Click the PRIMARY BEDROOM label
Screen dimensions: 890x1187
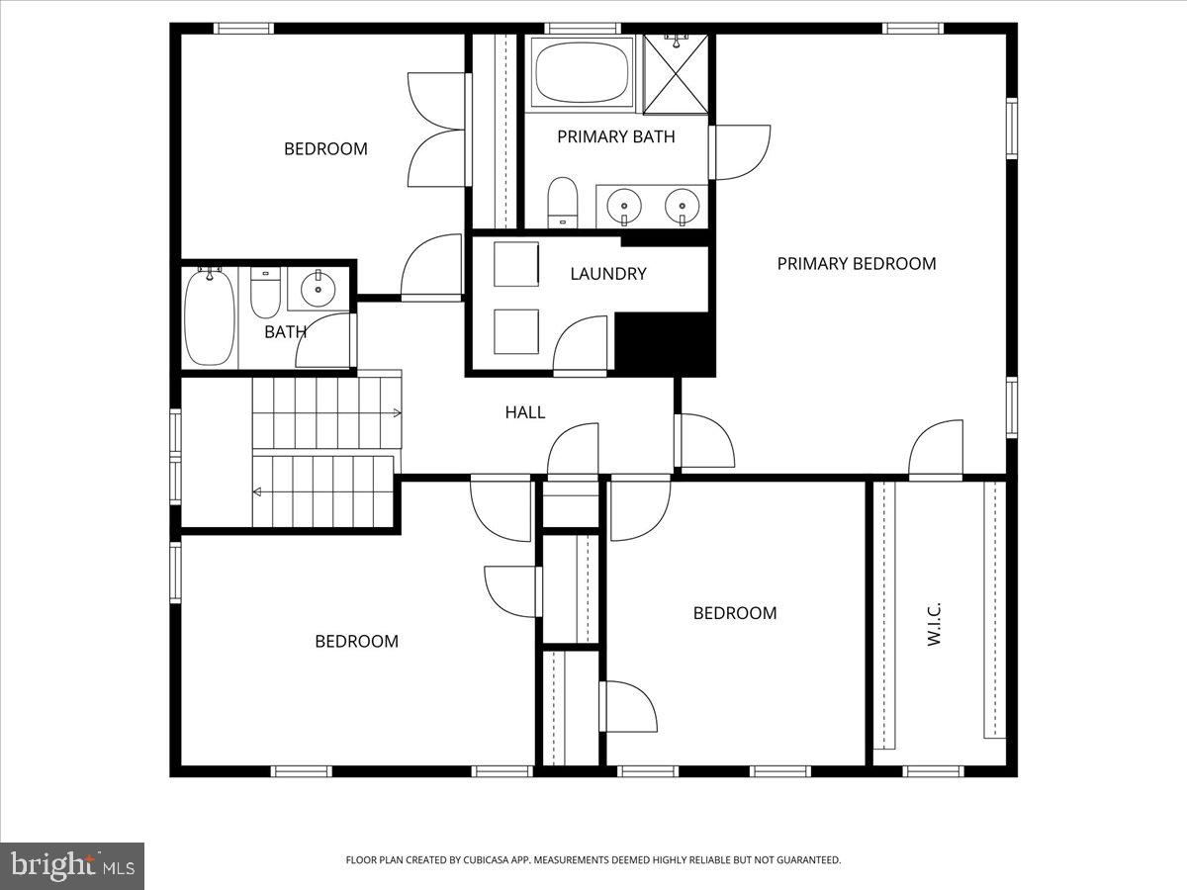[x=856, y=263]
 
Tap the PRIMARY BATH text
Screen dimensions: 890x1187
[x=615, y=136]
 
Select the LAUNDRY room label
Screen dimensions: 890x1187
[x=607, y=274]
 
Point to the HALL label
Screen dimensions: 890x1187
[x=524, y=412]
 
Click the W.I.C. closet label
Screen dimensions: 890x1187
[x=934, y=624]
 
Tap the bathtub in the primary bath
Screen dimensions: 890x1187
[x=582, y=72]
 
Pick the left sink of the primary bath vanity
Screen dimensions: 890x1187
[x=624, y=206]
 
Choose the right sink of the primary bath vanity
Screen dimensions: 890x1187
[x=680, y=206]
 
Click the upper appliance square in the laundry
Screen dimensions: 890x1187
[x=515, y=264]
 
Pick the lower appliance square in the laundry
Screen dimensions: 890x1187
[x=515, y=331]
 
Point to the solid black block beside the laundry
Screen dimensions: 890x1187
[x=664, y=343]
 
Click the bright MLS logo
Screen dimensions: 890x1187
[x=72, y=865]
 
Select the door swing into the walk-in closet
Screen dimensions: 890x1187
[x=936, y=450]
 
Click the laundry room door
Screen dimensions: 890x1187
[x=581, y=346]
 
